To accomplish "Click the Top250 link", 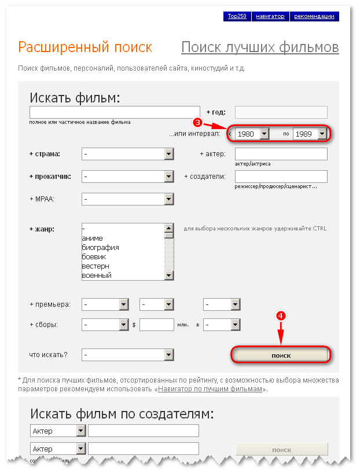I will (237, 16).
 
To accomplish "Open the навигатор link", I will (270, 16).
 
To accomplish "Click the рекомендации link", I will (314, 16).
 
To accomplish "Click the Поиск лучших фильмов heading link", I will (260, 47).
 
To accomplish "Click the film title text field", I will (115, 112).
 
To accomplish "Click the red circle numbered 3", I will (197, 122).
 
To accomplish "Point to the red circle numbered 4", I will (281, 316).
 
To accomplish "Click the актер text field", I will (281, 154).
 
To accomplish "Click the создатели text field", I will (281, 177).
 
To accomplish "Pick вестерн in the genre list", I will (95, 266).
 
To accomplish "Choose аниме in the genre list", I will (93, 238).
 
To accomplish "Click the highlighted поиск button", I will (281, 355).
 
